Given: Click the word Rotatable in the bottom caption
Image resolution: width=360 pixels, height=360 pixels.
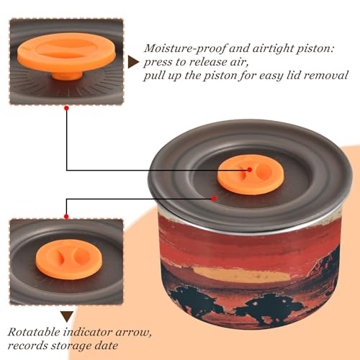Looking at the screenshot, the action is [34, 333].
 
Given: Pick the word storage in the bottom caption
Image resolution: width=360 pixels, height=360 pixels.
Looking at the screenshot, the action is [71, 346].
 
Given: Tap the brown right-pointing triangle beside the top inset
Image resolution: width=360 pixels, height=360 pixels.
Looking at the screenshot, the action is [133, 63].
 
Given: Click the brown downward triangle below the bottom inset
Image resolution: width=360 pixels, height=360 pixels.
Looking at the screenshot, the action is [67, 317].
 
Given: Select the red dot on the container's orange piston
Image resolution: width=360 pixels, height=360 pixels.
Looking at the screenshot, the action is [250, 170].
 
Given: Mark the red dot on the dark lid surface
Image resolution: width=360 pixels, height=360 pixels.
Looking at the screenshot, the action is [214, 199].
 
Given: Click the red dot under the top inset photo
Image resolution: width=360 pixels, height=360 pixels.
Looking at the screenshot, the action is [66, 108].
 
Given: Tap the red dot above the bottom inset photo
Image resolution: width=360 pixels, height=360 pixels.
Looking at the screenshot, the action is [66, 217].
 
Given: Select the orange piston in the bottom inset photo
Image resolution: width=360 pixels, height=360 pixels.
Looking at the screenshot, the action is [69, 259].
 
